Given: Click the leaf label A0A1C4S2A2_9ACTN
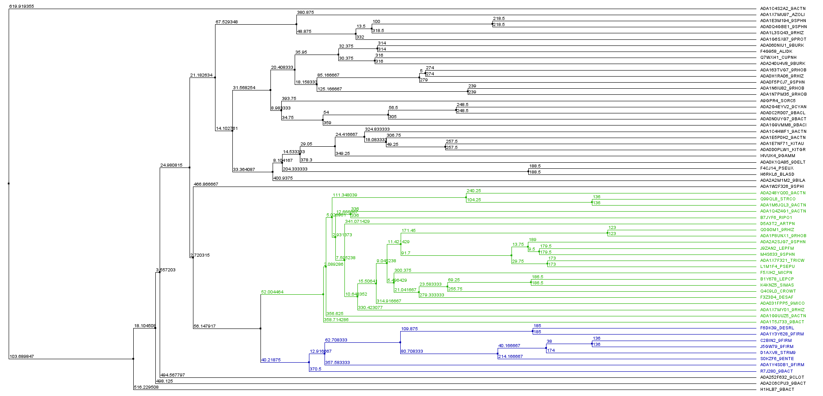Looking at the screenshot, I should pos(783,8).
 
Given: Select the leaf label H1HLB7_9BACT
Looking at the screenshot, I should pos(777,390).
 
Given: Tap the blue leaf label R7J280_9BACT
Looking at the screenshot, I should pos(776,371).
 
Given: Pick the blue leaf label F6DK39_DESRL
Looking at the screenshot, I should pos(777,328).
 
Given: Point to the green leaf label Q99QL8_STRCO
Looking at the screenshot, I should pos(778,199).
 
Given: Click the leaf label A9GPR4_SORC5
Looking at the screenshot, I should pos(778,101).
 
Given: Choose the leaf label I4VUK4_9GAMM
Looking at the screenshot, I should pos(778,156).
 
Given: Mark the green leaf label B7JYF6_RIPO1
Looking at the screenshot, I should pos(776,218).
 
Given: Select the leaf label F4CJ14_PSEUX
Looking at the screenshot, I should pos(777,168).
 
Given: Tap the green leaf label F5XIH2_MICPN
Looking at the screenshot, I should pos(776,273).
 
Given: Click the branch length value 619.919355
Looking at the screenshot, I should pos(21,6).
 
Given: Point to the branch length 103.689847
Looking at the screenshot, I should pos(21,357).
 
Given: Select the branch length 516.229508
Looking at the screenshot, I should pos(146,387).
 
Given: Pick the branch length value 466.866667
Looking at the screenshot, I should pos(206,184).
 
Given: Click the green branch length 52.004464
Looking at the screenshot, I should pos(272,292).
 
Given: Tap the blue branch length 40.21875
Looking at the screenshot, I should pos(271,360).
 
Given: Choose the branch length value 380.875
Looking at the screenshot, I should pos(305,13).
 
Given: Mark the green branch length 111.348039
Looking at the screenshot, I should pos(345,195).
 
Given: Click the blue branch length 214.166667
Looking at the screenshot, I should pos(511,357).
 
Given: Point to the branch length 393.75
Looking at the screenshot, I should pos(289,99).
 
